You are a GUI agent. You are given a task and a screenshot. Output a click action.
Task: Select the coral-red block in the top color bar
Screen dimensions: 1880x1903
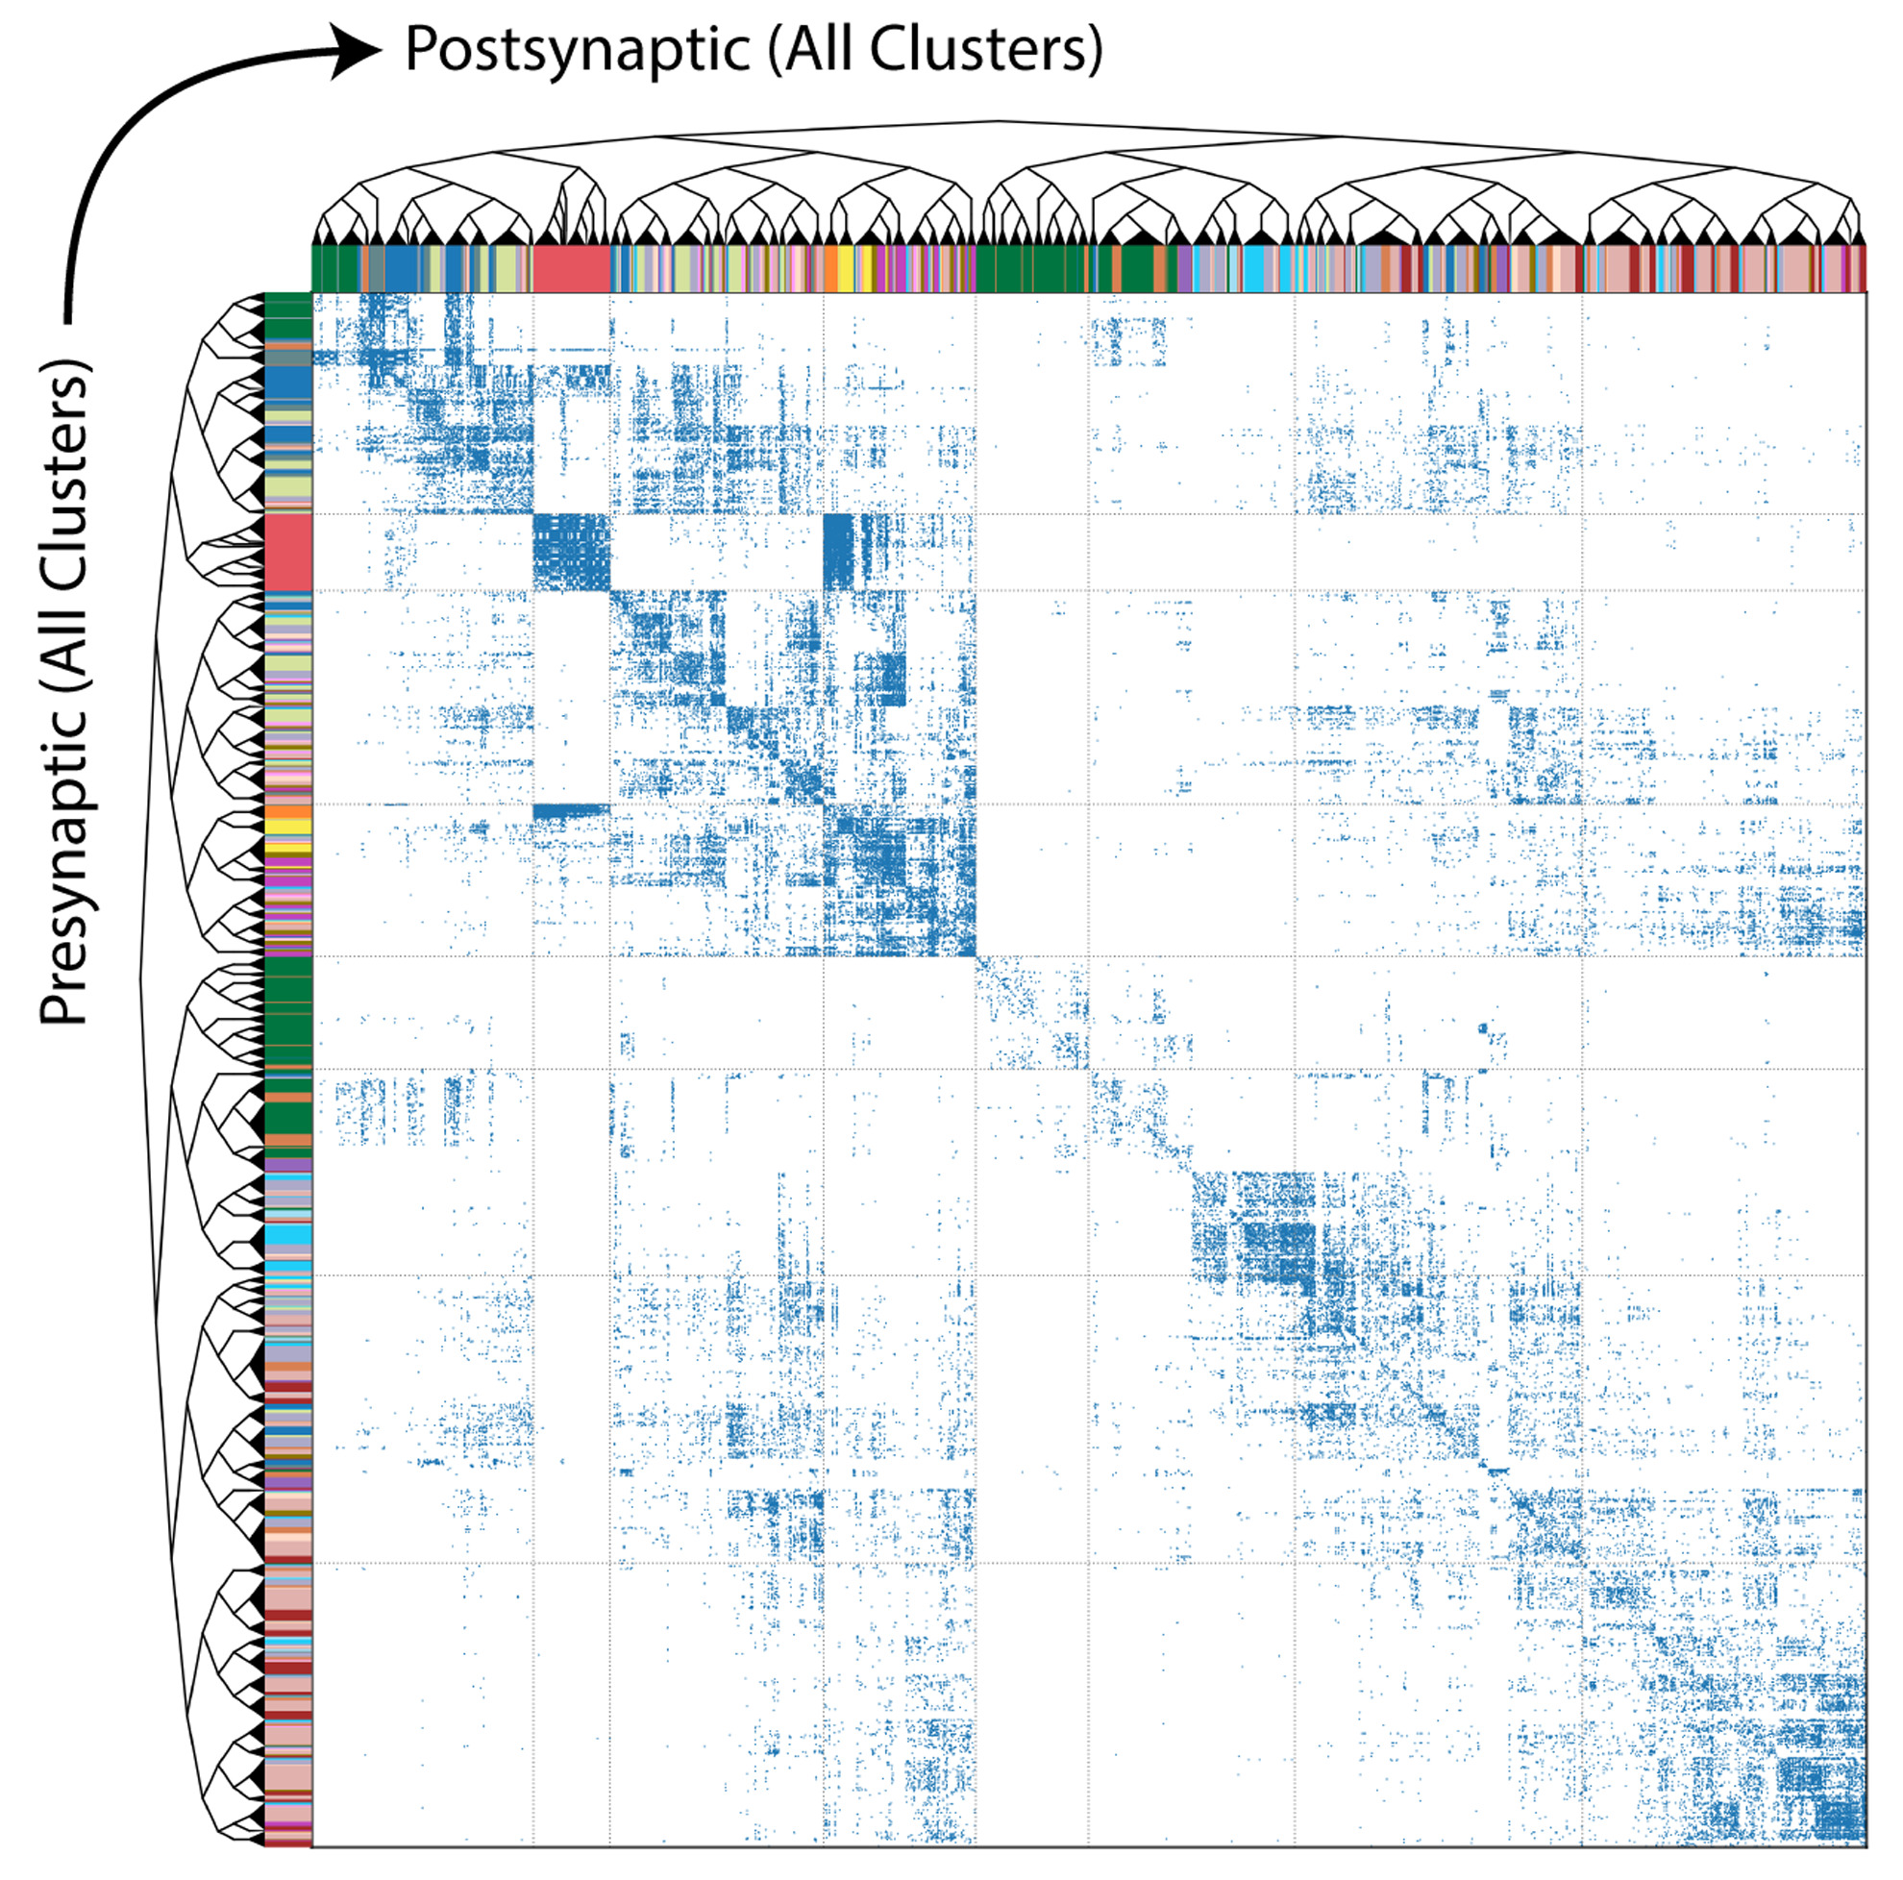(570, 268)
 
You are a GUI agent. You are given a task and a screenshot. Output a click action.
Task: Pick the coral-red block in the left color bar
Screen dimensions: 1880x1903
(287, 551)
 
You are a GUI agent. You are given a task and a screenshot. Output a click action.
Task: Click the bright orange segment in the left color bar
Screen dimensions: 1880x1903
(287, 811)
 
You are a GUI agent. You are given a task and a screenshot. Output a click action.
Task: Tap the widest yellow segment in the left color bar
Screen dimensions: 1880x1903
(287, 827)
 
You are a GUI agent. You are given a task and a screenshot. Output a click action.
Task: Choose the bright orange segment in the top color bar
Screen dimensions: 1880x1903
(831, 268)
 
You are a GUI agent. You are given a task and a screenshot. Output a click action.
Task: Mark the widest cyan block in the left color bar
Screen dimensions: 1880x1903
(287, 1233)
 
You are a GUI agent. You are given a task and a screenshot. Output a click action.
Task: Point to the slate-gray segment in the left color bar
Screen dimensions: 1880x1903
(287, 358)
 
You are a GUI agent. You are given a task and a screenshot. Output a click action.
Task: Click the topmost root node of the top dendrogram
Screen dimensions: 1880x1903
(997, 122)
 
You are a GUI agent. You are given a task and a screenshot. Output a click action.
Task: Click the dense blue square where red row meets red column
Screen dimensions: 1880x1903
(570, 552)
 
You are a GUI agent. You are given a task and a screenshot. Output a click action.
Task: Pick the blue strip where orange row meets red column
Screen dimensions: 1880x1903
(570, 810)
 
